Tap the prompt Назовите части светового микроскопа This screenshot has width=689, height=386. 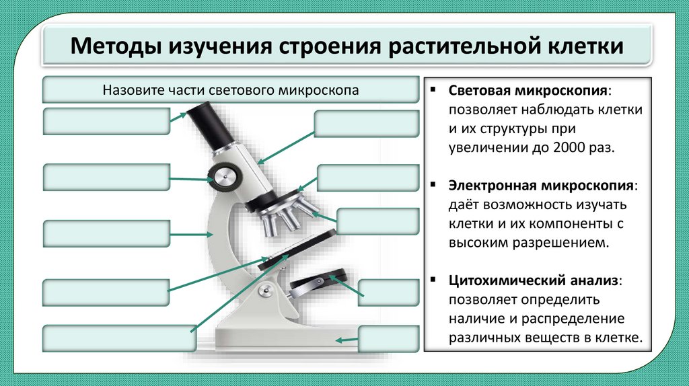click(x=231, y=90)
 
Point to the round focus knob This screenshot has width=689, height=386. click(x=223, y=177)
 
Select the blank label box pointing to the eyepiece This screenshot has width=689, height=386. click(x=106, y=122)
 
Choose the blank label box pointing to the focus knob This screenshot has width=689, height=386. click(x=106, y=177)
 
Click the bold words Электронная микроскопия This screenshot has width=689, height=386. click(x=541, y=184)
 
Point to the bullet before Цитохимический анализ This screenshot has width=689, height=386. click(x=435, y=278)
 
